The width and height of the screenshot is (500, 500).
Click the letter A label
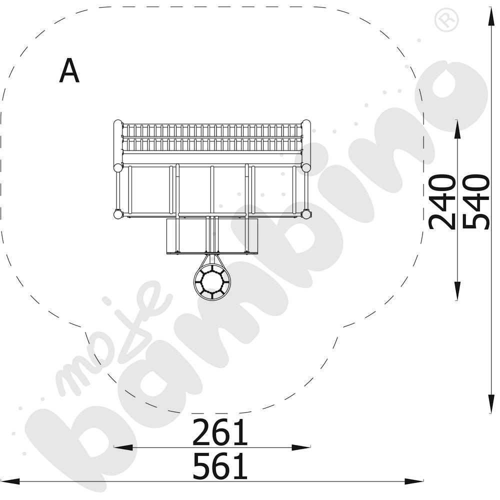coord(69,70)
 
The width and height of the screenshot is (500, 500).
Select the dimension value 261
coord(220,432)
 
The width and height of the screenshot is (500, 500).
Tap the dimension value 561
coord(220,466)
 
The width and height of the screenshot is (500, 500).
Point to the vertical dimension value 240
coord(442,201)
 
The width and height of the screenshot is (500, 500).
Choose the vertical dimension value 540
coord(476,201)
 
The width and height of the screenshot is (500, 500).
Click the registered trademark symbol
coord(447,20)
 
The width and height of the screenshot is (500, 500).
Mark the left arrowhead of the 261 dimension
coord(123,447)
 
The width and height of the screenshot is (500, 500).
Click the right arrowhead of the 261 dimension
coord(301,447)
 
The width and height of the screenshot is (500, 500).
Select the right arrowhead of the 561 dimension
coord(414,481)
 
